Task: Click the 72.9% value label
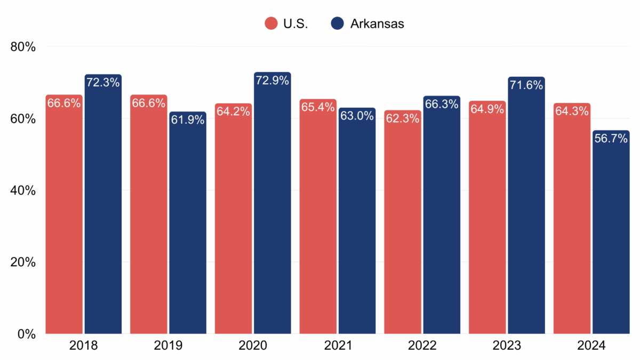pos(272,81)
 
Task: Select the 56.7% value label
pos(611,139)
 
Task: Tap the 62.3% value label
pos(402,119)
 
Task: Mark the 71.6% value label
pos(526,85)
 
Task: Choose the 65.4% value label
pos(318,108)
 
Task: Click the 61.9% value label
pos(188,120)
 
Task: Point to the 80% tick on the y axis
pos(23,47)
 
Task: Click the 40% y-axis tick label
pos(23,190)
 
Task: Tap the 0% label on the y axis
pos(26,334)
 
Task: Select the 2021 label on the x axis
pos(338,346)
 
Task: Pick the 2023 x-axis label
pos(507,346)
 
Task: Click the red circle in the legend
pos(271,23)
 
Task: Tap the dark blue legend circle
pos(337,23)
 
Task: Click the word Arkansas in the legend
pos(377,23)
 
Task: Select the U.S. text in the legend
pos(296,23)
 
